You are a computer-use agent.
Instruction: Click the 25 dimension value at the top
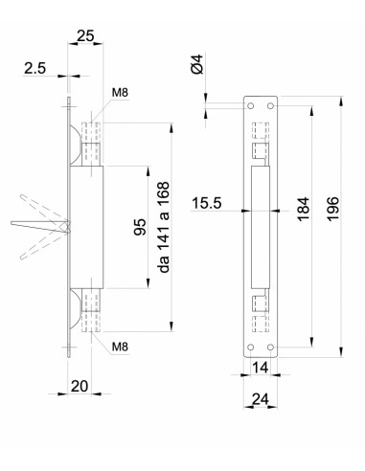[85, 35]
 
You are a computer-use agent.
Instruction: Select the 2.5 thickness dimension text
[35, 68]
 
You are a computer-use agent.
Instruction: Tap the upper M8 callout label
[120, 93]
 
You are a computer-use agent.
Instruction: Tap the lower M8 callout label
[120, 347]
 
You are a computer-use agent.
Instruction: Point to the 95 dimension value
[140, 227]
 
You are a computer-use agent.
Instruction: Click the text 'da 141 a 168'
[164, 227]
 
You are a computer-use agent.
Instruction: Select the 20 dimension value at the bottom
[80, 386]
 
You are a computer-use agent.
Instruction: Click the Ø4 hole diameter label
[197, 64]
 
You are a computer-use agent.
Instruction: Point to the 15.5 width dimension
[207, 203]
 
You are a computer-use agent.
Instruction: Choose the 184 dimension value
[304, 209]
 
